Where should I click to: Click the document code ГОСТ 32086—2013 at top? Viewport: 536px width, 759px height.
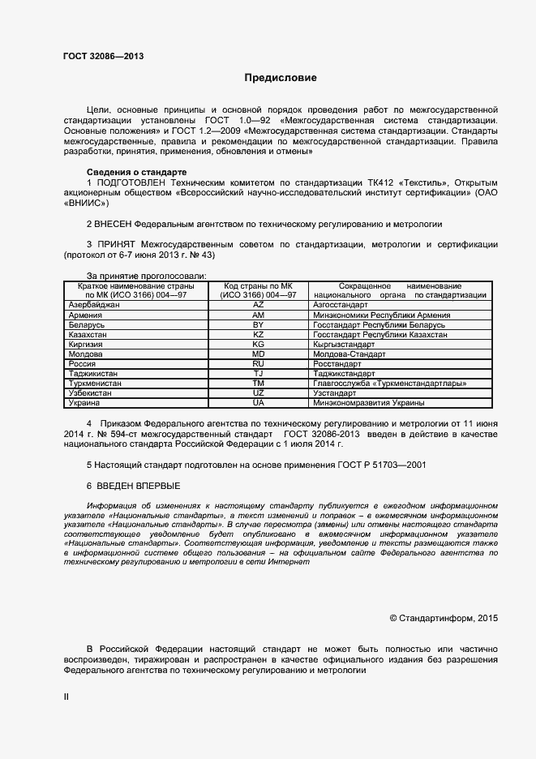(104, 57)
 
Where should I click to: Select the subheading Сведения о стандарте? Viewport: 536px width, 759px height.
(136, 173)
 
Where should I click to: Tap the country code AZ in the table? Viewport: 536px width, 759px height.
(259, 305)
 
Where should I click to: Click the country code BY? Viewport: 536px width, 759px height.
(259, 324)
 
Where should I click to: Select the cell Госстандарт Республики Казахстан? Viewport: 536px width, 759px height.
(379, 334)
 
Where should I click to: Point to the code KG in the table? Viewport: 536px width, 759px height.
(259, 344)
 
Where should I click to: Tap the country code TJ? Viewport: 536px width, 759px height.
(259, 373)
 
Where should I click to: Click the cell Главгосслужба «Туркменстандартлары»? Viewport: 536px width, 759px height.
(390, 383)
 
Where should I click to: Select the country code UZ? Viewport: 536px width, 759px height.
(259, 392)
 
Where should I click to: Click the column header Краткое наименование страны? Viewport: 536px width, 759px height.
(135, 286)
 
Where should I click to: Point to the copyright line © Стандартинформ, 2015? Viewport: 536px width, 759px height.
(444, 618)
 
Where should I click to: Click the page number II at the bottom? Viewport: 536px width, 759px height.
(66, 697)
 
